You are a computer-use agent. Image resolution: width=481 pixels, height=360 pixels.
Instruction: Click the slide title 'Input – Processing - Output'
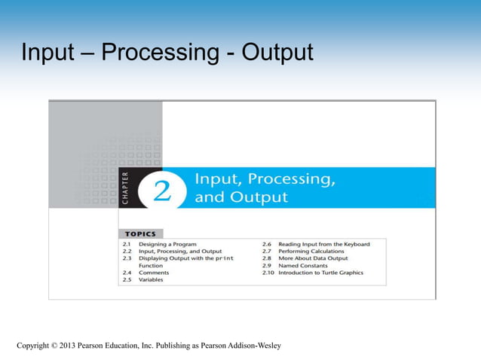167,54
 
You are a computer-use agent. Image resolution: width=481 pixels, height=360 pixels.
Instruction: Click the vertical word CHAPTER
124,188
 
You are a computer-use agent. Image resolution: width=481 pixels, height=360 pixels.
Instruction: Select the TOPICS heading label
139,234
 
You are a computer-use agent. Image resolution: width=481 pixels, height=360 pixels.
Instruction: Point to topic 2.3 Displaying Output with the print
185,258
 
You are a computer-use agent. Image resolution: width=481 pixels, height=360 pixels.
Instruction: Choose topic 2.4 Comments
155,273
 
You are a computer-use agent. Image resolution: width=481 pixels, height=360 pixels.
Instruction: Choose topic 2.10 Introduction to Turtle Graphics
320,273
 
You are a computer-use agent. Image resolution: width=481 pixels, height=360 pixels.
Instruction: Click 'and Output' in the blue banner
241,198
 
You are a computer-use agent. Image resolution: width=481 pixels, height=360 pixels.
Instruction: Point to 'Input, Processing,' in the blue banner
265,179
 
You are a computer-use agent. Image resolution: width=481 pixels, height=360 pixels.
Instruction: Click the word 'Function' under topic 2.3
151,266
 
